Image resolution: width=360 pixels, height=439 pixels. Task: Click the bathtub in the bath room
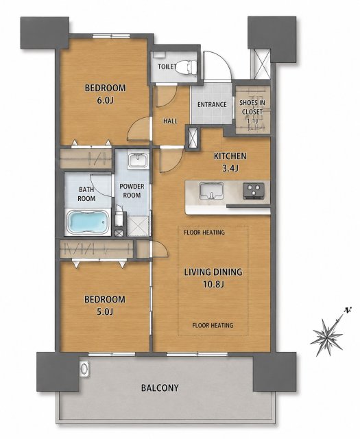(x=88, y=222)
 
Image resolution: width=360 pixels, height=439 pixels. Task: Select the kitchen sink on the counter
(x=211, y=191)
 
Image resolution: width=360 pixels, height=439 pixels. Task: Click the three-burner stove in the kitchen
(x=253, y=191)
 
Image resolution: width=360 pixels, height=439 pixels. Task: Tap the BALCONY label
(x=160, y=388)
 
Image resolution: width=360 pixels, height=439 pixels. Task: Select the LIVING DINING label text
(x=213, y=272)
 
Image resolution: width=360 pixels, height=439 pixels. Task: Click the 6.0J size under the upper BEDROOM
(x=105, y=100)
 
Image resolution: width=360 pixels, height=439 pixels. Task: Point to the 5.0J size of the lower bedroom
(x=105, y=311)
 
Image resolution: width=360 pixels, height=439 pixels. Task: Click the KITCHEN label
(x=230, y=156)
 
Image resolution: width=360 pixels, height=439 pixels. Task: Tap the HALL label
(x=170, y=121)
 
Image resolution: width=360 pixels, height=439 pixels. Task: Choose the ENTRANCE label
(x=212, y=104)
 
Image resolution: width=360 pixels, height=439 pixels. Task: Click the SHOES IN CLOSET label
(x=252, y=107)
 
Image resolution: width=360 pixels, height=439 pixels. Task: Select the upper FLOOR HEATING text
(x=204, y=232)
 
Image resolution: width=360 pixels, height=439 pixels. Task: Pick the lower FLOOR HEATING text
(x=213, y=325)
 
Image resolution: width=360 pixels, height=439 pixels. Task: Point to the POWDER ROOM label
(x=132, y=191)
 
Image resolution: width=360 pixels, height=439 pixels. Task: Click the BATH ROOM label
(x=86, y=194)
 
